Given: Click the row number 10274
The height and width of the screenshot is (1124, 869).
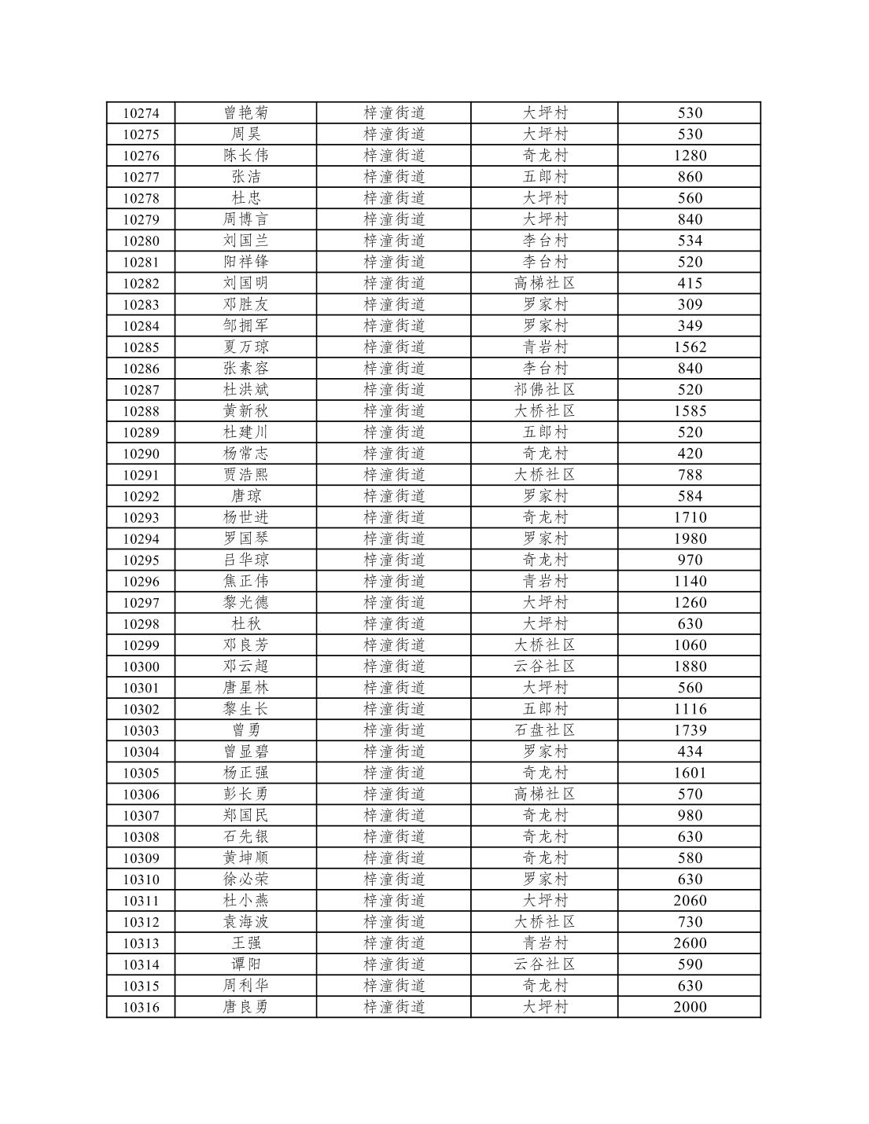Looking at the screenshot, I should click(141, 113).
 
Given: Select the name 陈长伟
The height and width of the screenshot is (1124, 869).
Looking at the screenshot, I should click(245, 156).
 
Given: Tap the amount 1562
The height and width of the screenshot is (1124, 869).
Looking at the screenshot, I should click(690, 347).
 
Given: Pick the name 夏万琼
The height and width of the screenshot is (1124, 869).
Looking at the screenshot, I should click(245, 347).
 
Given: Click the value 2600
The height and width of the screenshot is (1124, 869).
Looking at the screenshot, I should click(690, 942).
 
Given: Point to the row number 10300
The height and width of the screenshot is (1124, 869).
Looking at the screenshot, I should click(141, 667).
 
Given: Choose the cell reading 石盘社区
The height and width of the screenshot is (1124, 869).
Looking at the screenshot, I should click(544, 730).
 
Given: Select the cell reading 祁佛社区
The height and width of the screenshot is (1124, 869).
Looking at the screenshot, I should click(544, 389).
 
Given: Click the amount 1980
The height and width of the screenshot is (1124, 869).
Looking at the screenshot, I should click(690, 538).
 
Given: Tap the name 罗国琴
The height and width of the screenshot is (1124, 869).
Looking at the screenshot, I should click(245, 538).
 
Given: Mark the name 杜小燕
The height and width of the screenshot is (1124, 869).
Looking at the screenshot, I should click(245, 900).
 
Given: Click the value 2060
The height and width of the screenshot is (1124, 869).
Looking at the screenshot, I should click(690, 900).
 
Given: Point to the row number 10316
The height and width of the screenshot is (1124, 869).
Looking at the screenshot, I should click(141, 1007).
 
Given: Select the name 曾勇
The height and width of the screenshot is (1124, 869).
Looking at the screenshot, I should click(245, 730).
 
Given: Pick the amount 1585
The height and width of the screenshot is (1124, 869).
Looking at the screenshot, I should click(690, 410).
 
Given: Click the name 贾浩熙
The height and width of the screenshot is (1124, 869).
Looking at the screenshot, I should click(245, 475).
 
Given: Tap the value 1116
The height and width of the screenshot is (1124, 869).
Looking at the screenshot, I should click(690, 709).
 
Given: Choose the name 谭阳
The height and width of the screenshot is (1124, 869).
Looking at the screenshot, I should click(245, 964).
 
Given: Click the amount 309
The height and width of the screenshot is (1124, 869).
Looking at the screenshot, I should click(690, 304).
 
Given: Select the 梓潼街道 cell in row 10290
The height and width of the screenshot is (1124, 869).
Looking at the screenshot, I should click(394, 454).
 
